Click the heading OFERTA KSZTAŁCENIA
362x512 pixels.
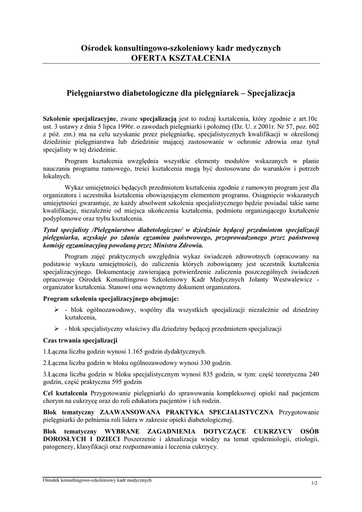pos(180,58)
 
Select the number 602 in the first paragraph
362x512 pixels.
pos(312,126)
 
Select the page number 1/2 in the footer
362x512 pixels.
pos(314,483)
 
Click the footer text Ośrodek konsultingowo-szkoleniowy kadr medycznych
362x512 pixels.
pos(97,480)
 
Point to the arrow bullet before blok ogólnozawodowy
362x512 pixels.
pos(56,310)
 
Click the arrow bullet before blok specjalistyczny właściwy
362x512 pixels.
pos(56,328)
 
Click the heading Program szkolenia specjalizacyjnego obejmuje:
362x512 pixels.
pos(111,299)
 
